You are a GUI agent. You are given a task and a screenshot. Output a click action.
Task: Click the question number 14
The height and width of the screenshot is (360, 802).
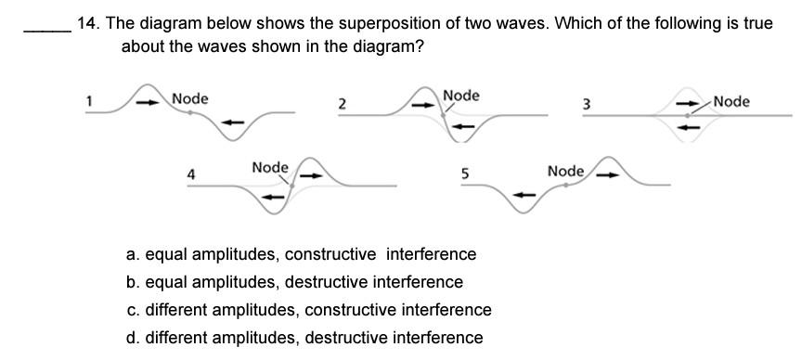click(88, 24)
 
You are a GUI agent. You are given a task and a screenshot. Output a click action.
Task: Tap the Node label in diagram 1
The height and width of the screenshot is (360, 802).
click(190, 98)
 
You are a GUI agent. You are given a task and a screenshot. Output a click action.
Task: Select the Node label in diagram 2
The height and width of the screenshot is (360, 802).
click(461, 96)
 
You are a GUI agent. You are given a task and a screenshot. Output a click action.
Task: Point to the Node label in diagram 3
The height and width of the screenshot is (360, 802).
click(731, 101)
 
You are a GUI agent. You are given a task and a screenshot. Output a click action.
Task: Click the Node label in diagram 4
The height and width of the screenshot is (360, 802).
click(270, 167)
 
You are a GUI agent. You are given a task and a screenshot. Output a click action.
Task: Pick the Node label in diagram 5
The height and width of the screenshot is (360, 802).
click(565, 171)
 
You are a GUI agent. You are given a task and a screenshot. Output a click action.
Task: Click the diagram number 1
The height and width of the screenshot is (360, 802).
click(90, 100)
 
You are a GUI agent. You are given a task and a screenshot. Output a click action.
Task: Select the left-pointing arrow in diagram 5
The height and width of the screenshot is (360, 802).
click(526, 195)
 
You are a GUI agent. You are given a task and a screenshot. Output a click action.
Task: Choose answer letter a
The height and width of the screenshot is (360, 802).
click(133, 254)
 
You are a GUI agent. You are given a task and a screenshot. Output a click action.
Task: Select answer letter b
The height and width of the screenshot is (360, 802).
click(133, 281)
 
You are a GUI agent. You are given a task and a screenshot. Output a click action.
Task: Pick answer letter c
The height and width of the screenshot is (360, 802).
click(133, 309)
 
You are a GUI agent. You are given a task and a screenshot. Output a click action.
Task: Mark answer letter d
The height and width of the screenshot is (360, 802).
click(133, 337)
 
